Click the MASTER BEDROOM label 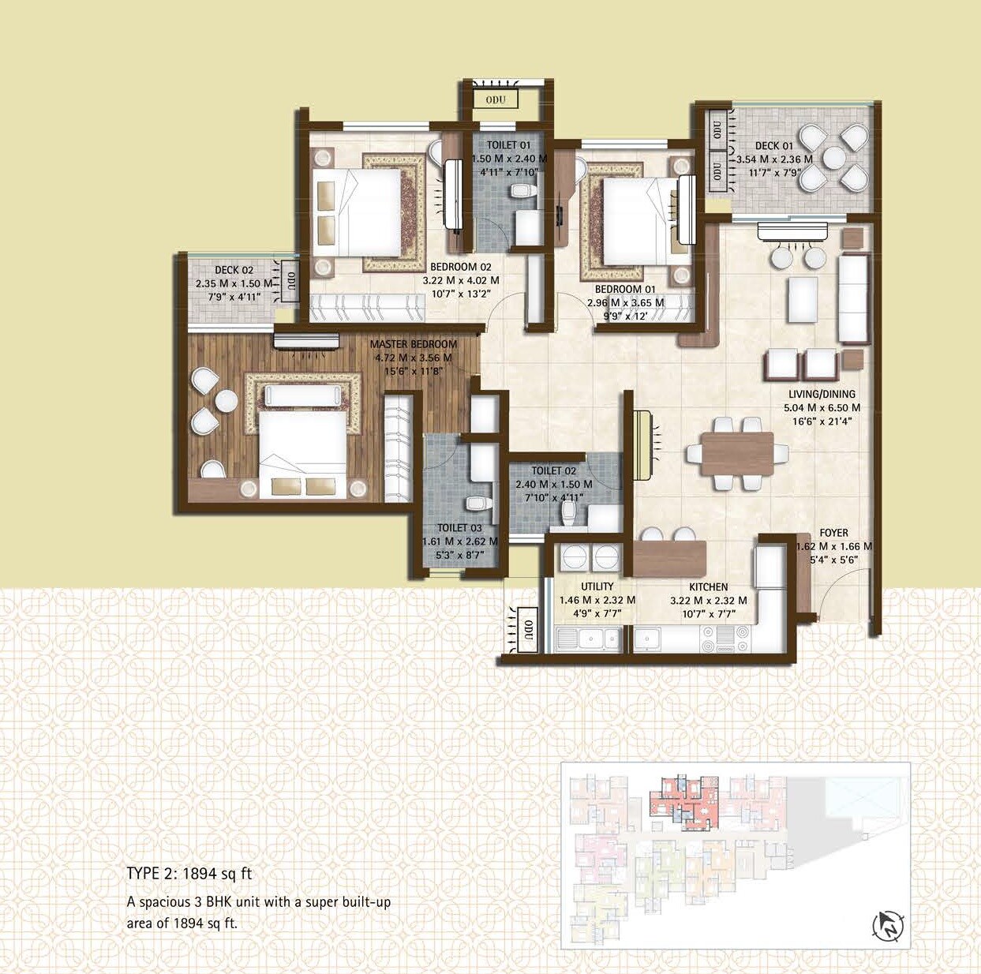pos(413,344)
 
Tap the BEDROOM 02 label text pos(460,267)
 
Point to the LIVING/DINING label pos(822,394)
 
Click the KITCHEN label pos(708,586)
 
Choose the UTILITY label pos(597,586)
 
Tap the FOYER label pos(833,533)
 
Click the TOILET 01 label pos(508,145)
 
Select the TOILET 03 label pos(459,528)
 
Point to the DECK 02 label pos(234,270)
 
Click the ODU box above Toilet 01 pos(496,99)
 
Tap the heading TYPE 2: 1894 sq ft pos(189,874)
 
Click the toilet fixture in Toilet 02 pos(567,514)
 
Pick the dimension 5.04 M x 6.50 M pos(822,408)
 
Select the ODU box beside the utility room pos(526,630)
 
